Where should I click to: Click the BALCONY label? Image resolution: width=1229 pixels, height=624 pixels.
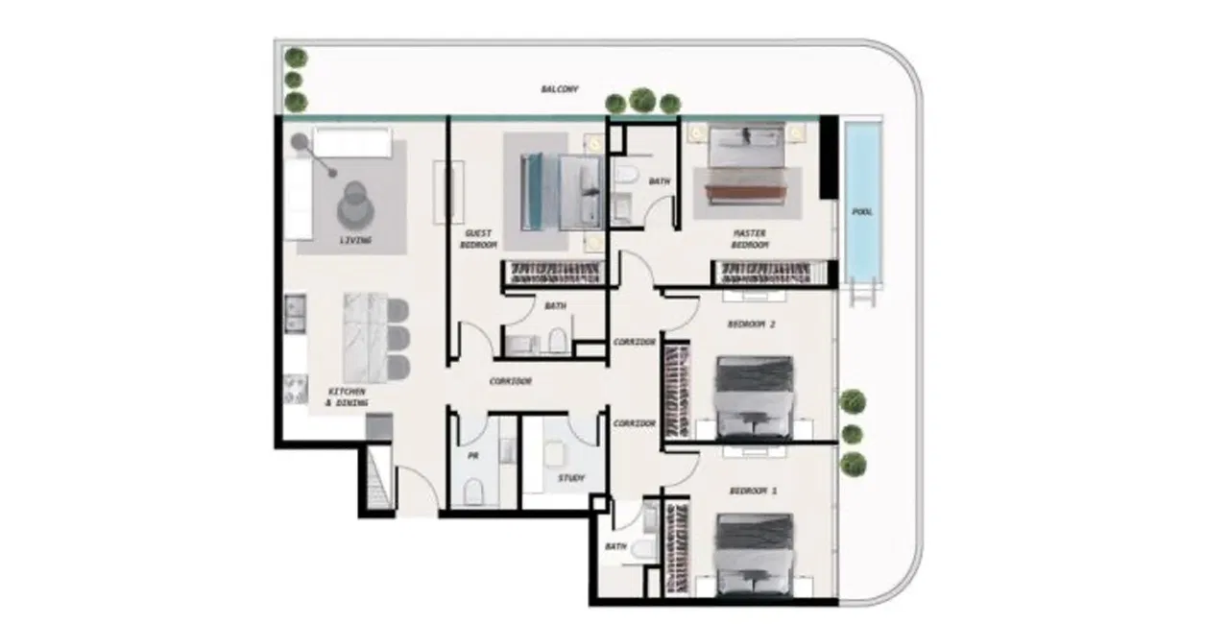[x=560, y=88]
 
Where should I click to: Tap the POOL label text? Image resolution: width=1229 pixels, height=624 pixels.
[x=862, y=211]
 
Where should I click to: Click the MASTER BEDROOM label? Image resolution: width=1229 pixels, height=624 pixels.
[x=750, y=238]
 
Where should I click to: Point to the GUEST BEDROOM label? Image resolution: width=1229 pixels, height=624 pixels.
[x=479, y=239]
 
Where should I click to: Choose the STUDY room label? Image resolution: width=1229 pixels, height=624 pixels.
[x=570, y=477]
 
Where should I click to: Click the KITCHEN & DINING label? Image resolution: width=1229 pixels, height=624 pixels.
[x=347, y=397]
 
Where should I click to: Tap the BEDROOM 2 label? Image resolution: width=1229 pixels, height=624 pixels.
[x=751, y=324]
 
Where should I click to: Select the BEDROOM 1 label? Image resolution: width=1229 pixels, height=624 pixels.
[x=753, y=491]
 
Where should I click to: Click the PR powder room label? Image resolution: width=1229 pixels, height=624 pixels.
[x=472, y=457]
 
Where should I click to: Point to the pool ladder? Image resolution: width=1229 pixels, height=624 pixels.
[x=864, y=292]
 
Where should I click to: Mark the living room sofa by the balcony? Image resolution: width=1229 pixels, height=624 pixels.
[x=349, y=144]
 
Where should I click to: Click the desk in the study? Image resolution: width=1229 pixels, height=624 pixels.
[x=556, y=451]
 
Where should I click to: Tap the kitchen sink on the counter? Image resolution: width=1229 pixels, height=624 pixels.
[x=294, y=309]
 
